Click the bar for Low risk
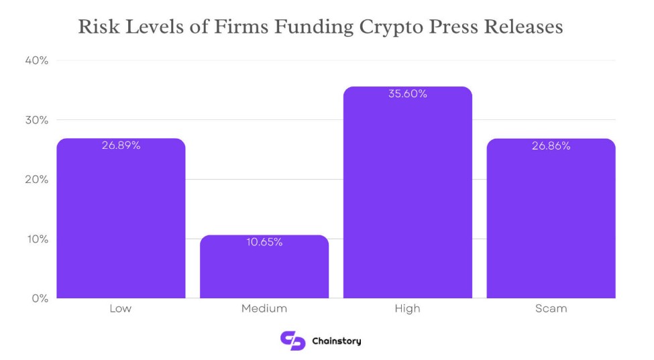coord(121,221)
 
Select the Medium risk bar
coord(264,268)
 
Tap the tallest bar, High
coord(407,194)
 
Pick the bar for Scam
coord(550,221)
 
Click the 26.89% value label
coord(121,145)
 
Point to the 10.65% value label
coord(264,242)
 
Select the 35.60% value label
coord(407,94)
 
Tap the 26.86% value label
coord(551,145)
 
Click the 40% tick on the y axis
coord(37,60)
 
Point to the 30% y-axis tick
coord(37,120)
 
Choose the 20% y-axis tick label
coord(37,180)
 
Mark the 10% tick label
coord(37,239)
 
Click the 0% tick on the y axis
coord(40,298)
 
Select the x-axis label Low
coord(120,309)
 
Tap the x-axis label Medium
coord(264,309)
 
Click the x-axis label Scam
coord(551,309)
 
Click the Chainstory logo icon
coord(292,341)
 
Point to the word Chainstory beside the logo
coord(337,341)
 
